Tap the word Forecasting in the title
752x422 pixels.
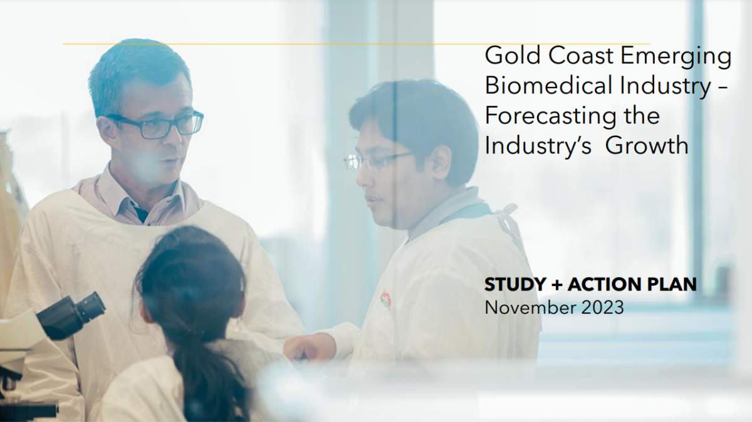[x=547, y=116]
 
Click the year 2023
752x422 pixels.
[x=602, y=307]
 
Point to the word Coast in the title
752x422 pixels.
[x=578, y=57]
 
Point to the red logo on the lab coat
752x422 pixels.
[x=386, y=299]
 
